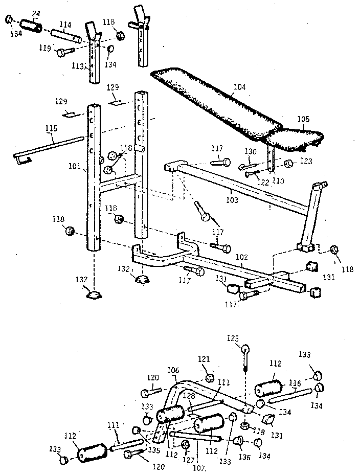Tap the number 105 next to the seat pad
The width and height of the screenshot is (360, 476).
[x=303, y=119]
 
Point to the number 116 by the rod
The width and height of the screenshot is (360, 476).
[x=295, y=382]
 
